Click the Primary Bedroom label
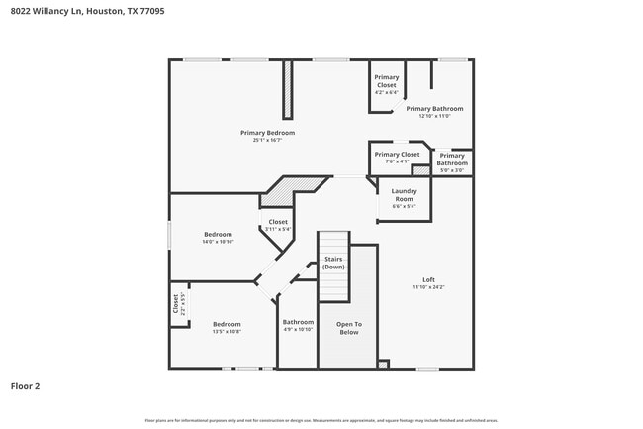click(x=267, y=132)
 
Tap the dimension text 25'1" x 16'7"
click(x=267, y=140)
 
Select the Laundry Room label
click(x=404, y=194)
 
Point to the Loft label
click(x=429, y=279)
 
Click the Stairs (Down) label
click(x=333, y=263)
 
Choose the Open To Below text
click(x=348, y=328)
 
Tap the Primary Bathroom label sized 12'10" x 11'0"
click(x=434, y=108)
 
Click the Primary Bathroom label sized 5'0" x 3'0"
click(x=452, y=159)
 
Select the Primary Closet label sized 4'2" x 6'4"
click(x=386, y=81)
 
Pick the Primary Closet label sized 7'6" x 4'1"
click(x=396, y=155)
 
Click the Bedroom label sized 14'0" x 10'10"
click(x=218, y=235)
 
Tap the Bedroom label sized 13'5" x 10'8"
click(x=227, y=324)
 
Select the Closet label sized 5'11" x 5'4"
click(x=278, y=222)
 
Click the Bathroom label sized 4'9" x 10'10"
click(x=298, y=322)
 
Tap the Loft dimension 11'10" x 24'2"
click(x=429, y=287)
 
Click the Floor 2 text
click(x=25, y=386)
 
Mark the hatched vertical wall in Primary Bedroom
click(x=288, y=90)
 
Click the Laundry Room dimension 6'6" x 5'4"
click(x=404, y=206)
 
